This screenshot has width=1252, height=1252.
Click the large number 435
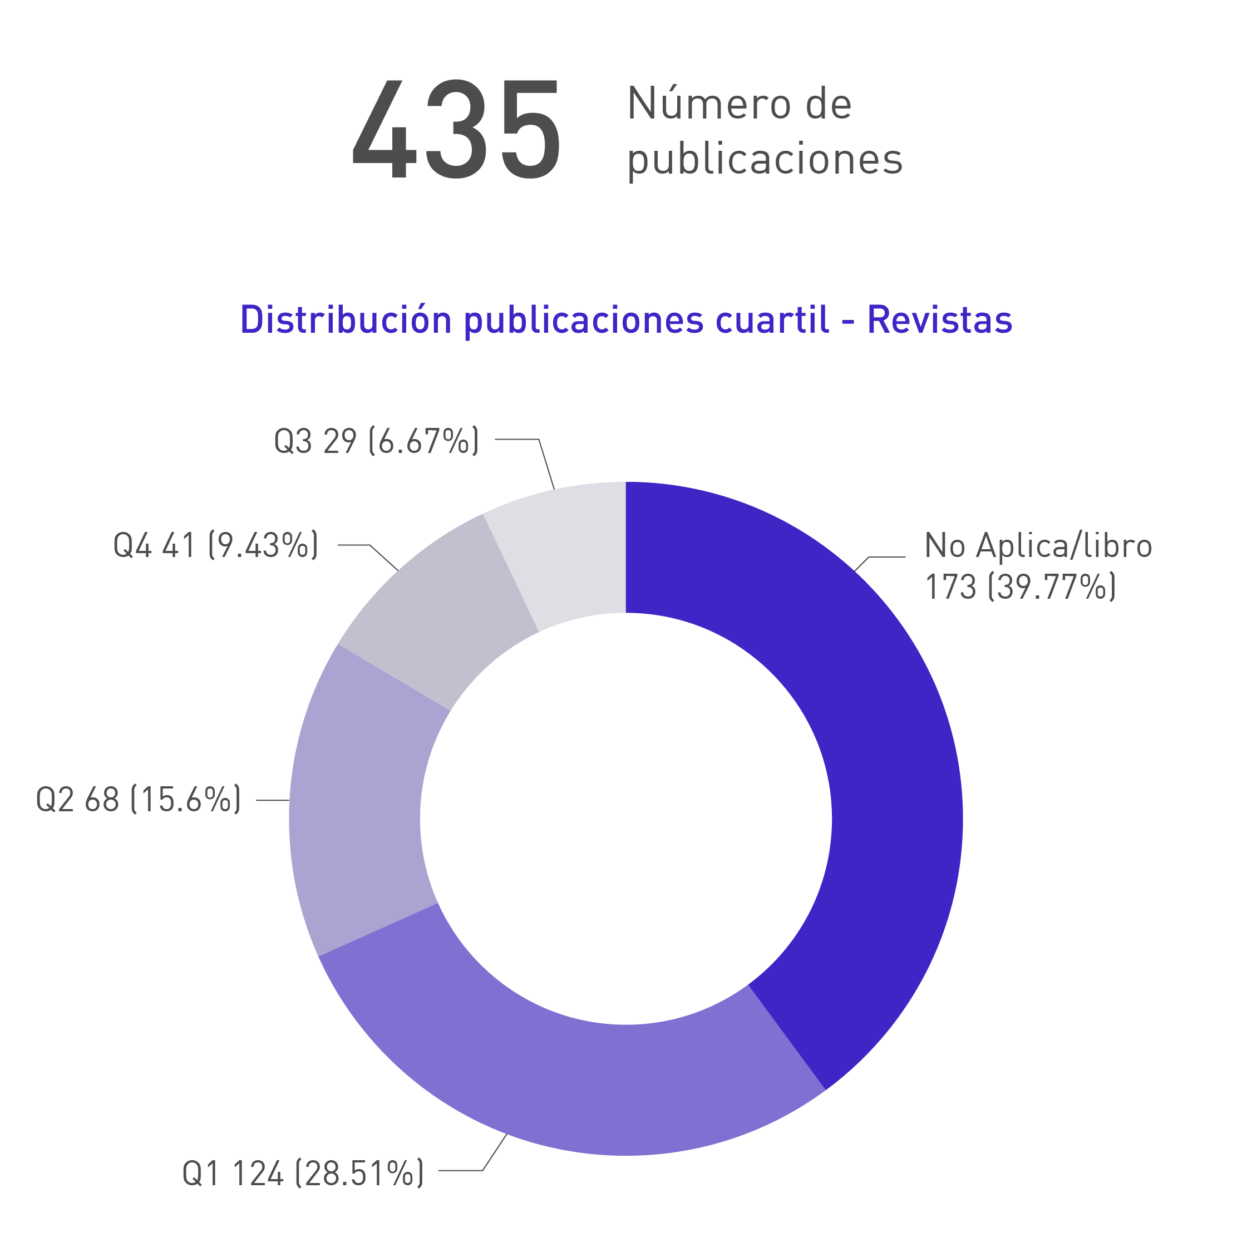[456, 130]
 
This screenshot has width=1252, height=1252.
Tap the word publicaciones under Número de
[765, 159]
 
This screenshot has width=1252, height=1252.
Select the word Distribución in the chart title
[346, 320]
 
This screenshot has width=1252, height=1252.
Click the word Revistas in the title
[939, 320]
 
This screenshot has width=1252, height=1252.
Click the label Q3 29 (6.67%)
[376, 441]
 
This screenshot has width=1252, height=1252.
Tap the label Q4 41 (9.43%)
[216, 545]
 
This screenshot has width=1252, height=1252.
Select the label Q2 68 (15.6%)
[138, 800]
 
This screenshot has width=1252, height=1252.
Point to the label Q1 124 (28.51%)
[303, 1173]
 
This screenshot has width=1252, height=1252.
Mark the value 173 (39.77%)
[1020, 587]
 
